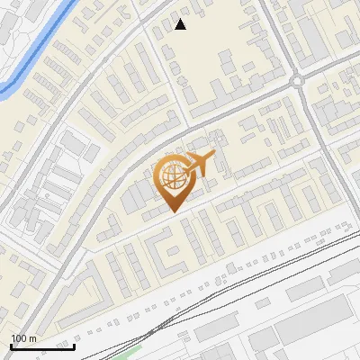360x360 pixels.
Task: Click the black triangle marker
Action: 181,24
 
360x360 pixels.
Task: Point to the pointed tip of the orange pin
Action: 173,212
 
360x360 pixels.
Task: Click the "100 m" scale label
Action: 23,339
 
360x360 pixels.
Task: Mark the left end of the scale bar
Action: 11,346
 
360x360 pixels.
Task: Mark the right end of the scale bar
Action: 74,346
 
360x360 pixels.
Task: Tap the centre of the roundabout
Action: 298,81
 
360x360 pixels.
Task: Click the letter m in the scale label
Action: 32,339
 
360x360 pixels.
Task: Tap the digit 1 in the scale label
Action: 13,339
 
